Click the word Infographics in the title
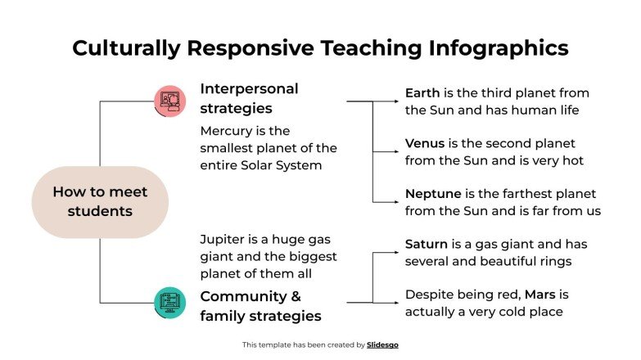[x=499, y=48]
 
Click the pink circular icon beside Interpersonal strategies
[x=169, y=101]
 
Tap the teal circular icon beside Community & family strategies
[x=169, y=302]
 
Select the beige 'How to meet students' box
[x=100, y=201]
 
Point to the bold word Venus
[x=425, y=144]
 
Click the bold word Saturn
[x=427, y=244]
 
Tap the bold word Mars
[x=546, y=294]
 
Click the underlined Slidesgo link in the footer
[x=382, y=345]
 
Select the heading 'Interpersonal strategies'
[x=249, y=98]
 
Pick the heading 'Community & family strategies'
[x=260, y=306]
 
